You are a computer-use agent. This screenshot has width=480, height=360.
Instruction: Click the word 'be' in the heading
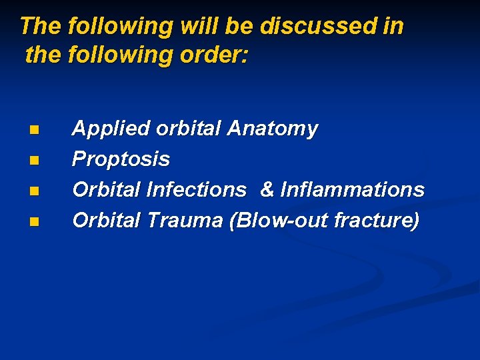coord(239,26)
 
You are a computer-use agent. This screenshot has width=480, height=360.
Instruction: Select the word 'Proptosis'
coord(121,159)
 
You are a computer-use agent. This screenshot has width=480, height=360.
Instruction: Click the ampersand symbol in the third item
coord(267,190)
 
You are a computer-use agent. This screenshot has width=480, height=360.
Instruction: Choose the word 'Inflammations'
coord(352,190)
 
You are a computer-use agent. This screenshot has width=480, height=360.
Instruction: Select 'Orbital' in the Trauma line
coord(106,220)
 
